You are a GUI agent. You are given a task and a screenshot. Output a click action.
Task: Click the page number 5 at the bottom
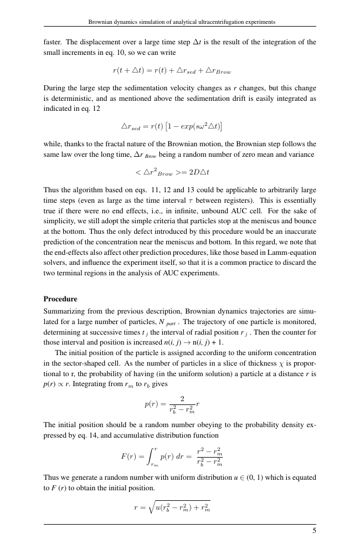point(313,531)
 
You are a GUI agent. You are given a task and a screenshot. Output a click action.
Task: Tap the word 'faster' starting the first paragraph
point(53,42)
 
